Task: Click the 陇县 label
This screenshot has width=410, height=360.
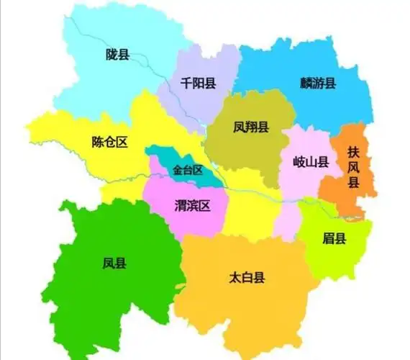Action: [x=117, y=54]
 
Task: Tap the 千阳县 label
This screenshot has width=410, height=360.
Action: [x=199, y=84]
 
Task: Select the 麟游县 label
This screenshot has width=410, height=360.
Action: [x=318, y=83]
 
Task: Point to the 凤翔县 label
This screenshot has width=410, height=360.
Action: [x=251, y=127]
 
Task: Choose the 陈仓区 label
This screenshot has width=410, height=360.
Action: [x=110, y=142]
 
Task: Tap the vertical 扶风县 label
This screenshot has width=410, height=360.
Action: [x=353, y=167]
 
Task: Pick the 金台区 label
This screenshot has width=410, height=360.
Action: [x=188, y=171]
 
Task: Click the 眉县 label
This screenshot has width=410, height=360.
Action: [x=334, y=238]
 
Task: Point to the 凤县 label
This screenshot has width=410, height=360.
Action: [x=114, y=264]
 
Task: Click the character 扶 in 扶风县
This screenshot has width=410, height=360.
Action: [x=353, y=152]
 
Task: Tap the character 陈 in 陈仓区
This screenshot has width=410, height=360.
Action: [x=98, y=142]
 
